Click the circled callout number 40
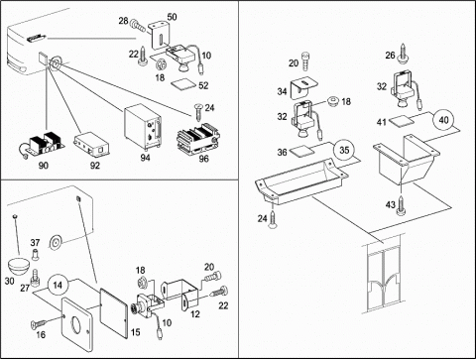coord(443,120)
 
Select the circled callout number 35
coord(344,150)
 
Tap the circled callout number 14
coord(58,285)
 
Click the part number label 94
coord(145,158)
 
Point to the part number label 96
coord(203,159)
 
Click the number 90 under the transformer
coord(44,165)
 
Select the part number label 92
coord(95,165)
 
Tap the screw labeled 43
coord(402,204)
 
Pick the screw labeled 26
coord(404,53)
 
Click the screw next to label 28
coord(138,26)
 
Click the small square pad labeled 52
coord(182,83)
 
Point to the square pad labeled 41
coord(401,121)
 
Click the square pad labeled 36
coord(302,151)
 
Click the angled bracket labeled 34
coord(302,88)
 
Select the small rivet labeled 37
coord(36,255)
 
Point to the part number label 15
coord(135,332)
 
